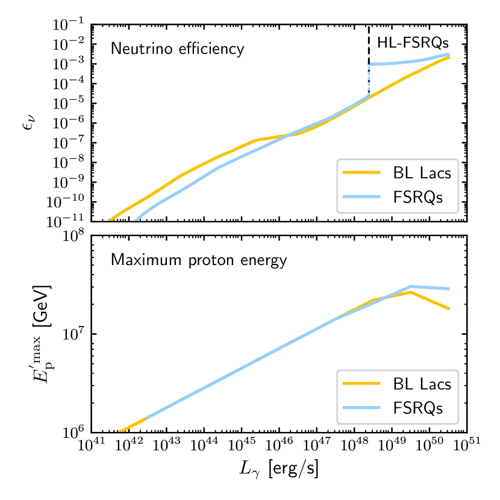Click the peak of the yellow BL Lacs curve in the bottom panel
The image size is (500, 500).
[410, 292]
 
